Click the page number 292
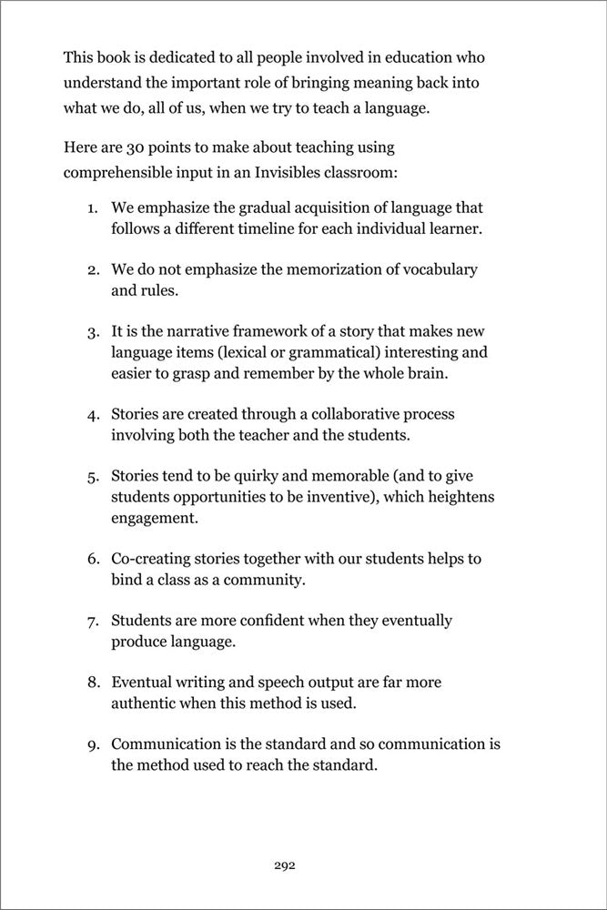[x=284, y=865]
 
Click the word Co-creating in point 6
[x=148, y=558]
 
